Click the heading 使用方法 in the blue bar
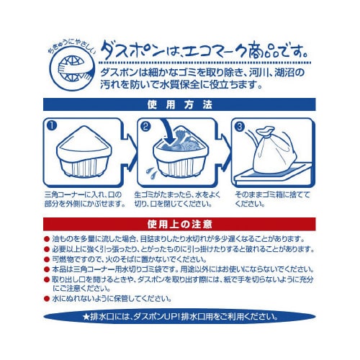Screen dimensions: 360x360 point(180,105)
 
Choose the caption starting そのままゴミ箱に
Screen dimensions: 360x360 point(273,199)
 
